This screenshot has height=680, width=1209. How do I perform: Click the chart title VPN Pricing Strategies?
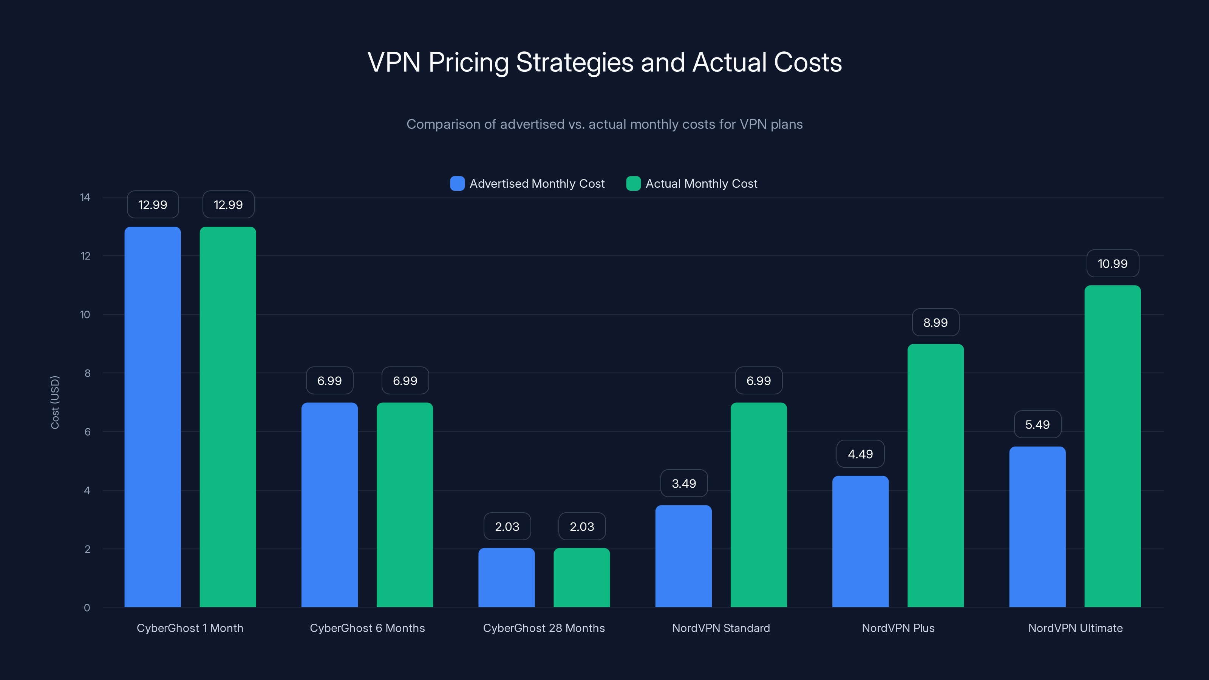coord(604,62)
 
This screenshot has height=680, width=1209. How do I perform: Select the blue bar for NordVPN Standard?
coord(683,556)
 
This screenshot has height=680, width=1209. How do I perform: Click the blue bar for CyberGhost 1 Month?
coord(153,417)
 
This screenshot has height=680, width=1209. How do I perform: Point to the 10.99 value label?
coord(1112,264)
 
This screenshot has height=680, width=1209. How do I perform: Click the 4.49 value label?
coord(860,454)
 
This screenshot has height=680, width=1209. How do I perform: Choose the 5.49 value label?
coord(1037,425)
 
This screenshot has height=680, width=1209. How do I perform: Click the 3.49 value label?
coord(683,484)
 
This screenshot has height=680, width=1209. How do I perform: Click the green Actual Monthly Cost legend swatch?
coord(633,184)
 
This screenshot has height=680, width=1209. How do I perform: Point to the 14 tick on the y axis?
coord(85,197)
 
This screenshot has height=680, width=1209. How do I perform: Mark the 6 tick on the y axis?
coord(87,432)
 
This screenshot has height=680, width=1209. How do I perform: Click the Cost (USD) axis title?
coord(55,402)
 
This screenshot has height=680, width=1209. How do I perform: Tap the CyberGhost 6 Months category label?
coord(367,628)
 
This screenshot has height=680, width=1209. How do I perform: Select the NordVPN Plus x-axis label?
coord(898,628)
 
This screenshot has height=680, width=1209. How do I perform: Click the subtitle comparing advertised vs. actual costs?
coord(604,124)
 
